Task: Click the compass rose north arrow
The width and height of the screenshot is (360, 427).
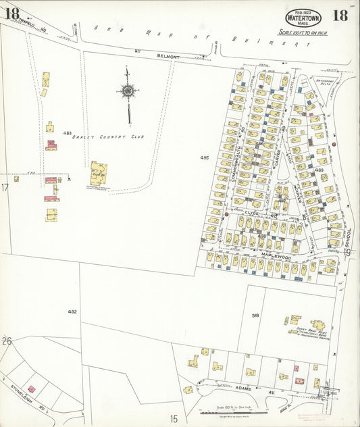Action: (x=128, y=90)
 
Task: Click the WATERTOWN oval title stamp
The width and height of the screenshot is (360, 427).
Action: (x=303, y=17)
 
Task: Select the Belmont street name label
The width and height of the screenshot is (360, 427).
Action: (x=168, y=57)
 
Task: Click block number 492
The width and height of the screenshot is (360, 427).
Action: (x=72, y=311)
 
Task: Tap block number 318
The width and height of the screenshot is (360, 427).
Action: (x=255, y=316)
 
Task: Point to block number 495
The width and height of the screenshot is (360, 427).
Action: (x=205, y=158)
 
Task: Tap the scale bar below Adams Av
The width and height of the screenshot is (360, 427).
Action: (x=230, y=411)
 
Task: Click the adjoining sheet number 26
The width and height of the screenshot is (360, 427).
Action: (x=7, y=341)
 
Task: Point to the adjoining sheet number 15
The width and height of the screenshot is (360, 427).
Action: (x=174, y=419)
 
